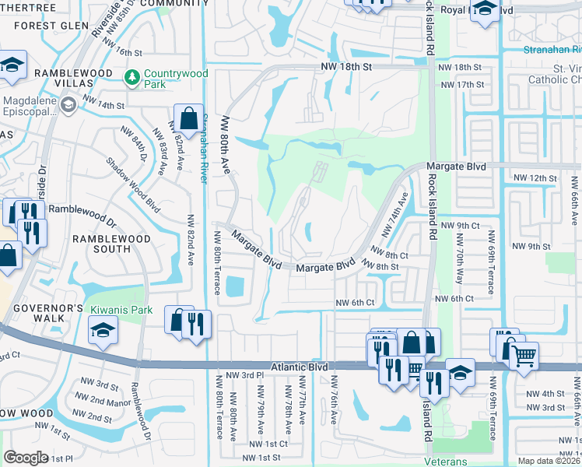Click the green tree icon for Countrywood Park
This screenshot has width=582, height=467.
tap(131, 76)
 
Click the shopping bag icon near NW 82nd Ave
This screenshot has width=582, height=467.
tap(188, 119)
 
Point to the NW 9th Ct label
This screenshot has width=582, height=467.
tap(458, 226)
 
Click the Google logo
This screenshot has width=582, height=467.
tap(26, 458)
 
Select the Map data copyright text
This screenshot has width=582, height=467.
tap(549, 461)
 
